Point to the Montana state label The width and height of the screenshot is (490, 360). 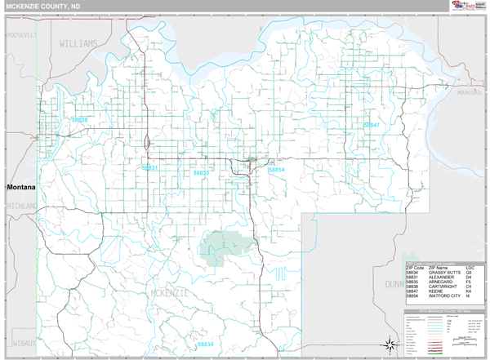pos(23,187)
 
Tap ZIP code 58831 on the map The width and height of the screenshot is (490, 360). pos(149,167)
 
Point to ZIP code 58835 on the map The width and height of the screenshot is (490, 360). pos(202,173)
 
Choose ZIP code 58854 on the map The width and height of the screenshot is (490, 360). pos(277,169)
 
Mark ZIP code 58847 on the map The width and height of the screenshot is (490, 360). pos(372,125)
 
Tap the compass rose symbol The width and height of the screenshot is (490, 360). pos(391,341)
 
